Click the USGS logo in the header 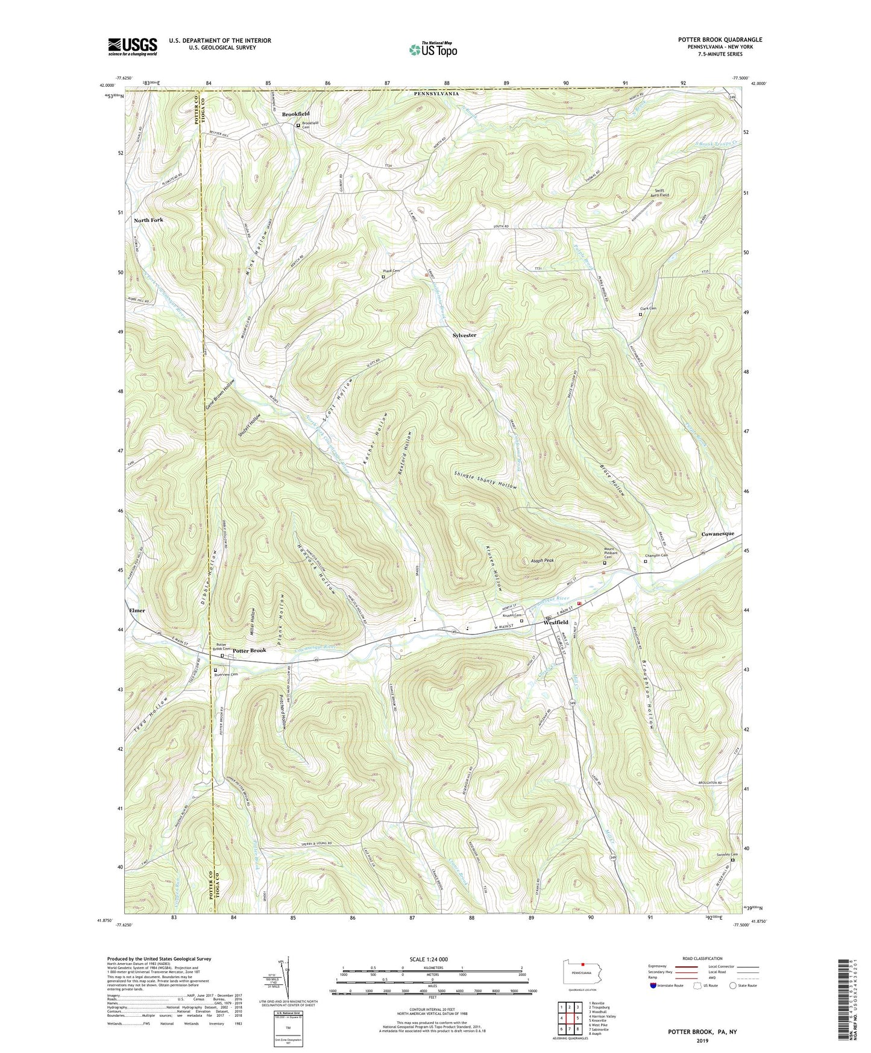coord(132,46)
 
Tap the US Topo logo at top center coord(432,49)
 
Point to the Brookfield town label coord(295,114)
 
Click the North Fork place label coord(148,220)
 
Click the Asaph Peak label coord(542,560)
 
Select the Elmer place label coord(137,610)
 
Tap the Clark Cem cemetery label coord(648,309)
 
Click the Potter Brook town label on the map coord(250,651)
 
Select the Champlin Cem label coord(656,555)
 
